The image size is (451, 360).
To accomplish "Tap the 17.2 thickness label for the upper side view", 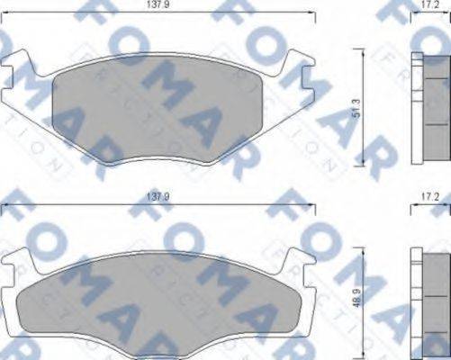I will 431,5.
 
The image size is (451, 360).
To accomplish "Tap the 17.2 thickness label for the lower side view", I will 431,195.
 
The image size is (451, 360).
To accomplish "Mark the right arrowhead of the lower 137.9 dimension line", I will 314,205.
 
